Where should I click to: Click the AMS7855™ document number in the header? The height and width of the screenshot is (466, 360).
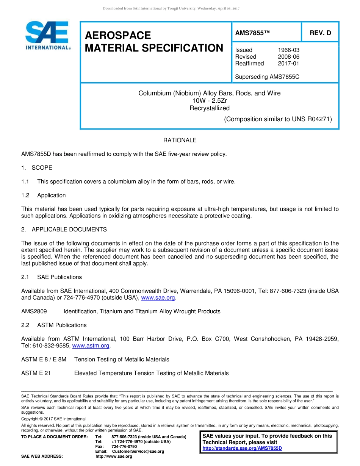[252, 33]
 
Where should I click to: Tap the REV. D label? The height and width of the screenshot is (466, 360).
[320, 33]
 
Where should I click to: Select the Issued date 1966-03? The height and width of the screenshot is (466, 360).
[288, 50]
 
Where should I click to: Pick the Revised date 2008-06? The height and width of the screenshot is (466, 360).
[288, 57]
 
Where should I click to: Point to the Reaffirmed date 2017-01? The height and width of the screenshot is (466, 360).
[288, 63]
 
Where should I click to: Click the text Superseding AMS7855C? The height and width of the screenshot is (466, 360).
[267, 77]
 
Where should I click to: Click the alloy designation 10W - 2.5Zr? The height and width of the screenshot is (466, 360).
[210, 100]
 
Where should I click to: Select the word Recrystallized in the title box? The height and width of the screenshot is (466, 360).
[210, 108]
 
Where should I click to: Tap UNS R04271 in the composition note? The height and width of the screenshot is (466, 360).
[311, 119]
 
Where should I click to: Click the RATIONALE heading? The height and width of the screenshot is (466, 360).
[180, 140]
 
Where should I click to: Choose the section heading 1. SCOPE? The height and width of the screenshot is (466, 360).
[37, 167]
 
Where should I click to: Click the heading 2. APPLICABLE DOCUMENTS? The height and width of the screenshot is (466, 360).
[64, 229]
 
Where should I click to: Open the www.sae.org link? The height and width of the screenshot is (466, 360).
[158, 298]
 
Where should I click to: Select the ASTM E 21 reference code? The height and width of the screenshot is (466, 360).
[36, 373]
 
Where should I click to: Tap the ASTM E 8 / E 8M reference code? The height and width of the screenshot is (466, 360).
[44, 359]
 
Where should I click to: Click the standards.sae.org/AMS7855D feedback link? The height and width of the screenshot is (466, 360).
[242, 448]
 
